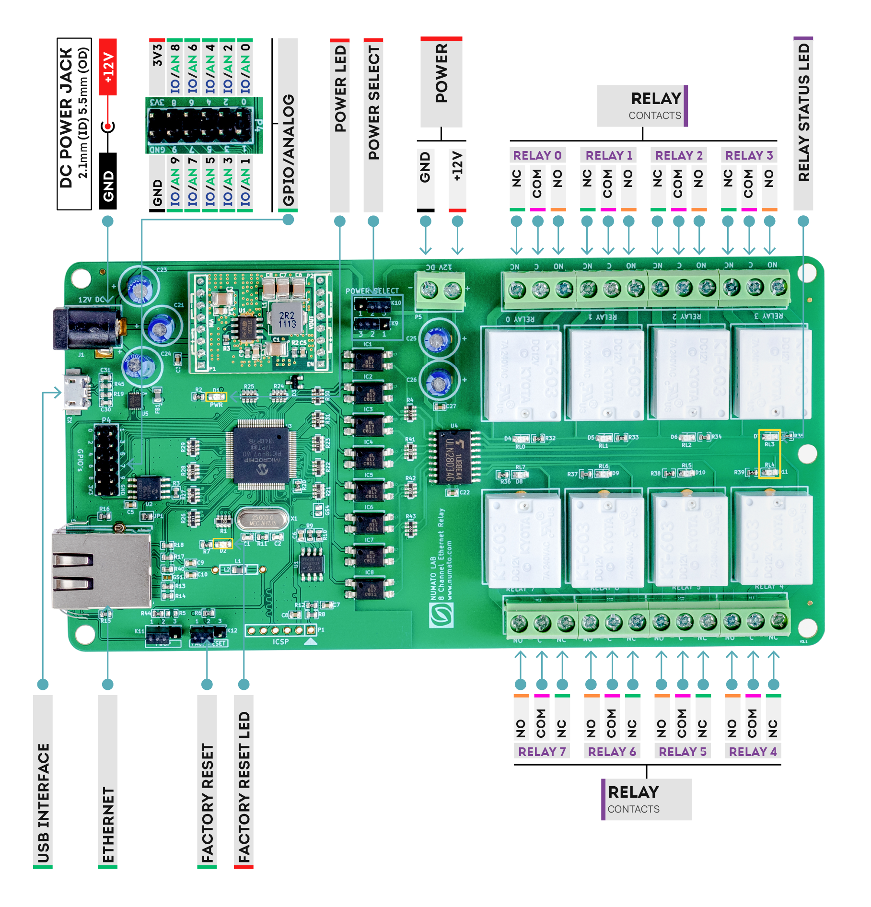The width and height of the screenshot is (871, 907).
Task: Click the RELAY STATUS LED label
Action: coord(803,113)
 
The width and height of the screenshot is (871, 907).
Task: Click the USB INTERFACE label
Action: coord(43,803)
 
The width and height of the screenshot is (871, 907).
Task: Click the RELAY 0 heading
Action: coord(537,155)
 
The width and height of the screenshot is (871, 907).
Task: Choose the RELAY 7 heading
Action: coord(542,751)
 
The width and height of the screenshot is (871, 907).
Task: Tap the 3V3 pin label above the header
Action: coord(157,56)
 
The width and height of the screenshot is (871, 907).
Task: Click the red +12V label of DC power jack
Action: coord(108,67)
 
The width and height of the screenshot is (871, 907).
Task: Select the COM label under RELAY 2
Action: coord(678,183)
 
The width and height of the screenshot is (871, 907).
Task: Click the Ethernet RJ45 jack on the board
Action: coord(101,570)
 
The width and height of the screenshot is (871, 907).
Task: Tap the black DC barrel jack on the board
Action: coord(86,328)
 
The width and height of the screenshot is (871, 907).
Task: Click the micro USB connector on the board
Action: coord(76,392)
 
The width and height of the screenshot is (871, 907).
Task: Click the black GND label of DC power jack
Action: coord(108,182)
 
